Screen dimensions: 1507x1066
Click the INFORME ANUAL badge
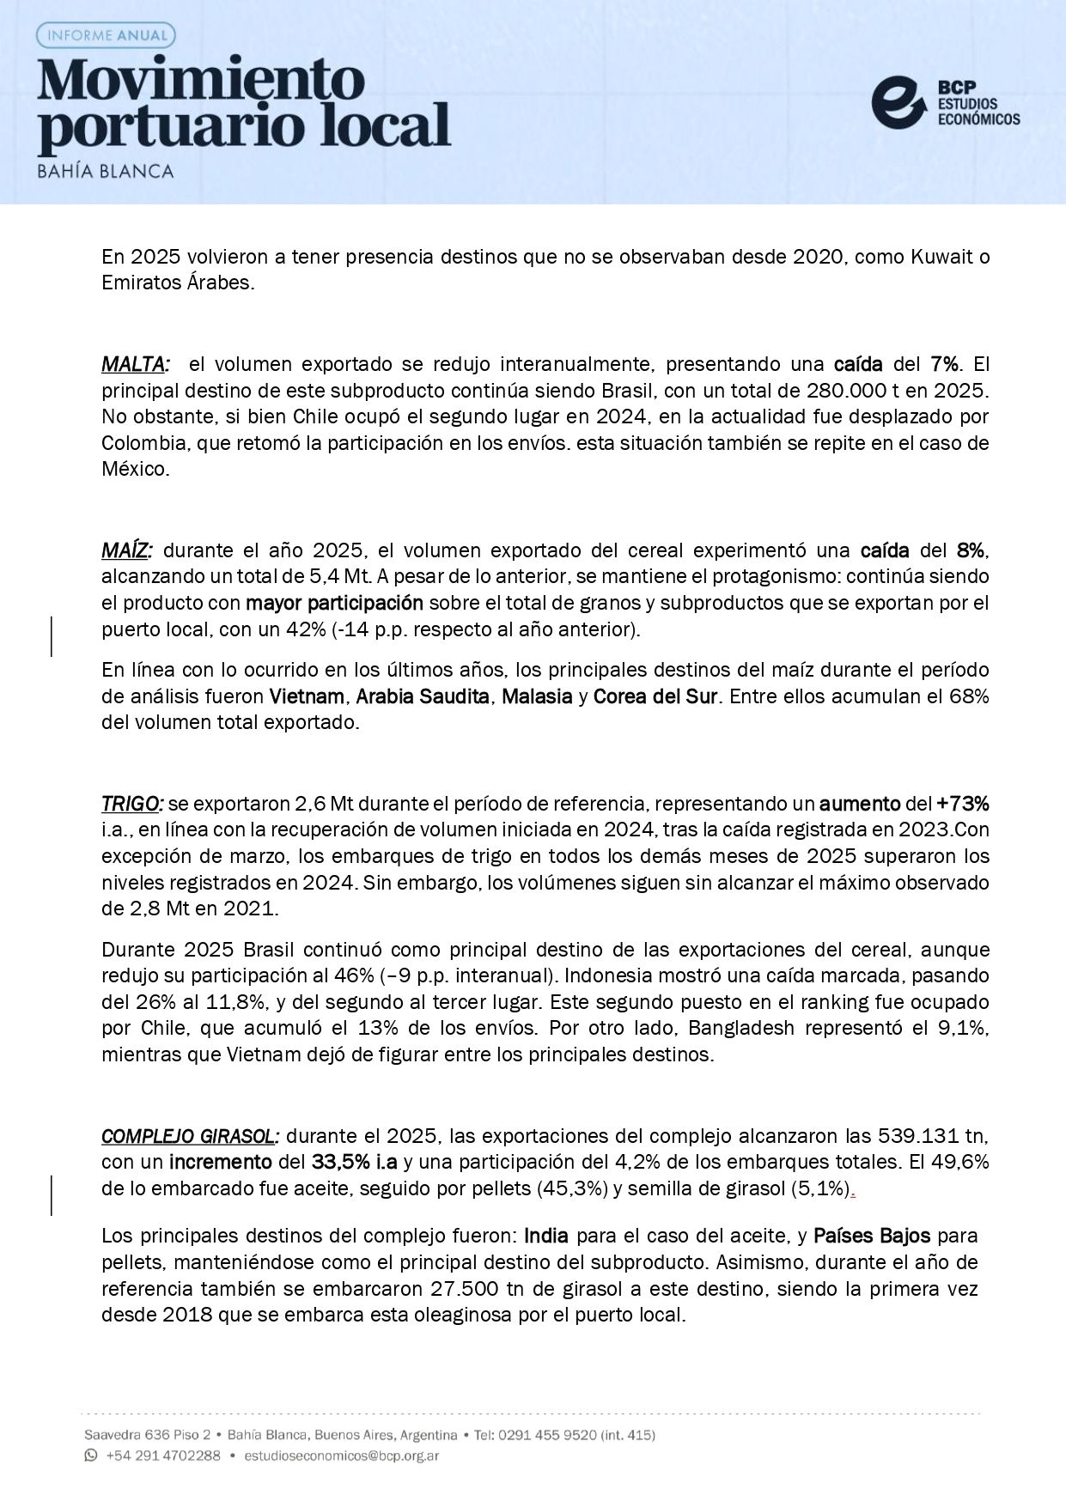tap(107, 35)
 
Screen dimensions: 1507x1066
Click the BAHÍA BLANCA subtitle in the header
tap(106, 171)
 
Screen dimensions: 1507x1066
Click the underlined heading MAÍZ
tap(126, 550)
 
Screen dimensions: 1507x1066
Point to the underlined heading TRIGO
tap(131, 804)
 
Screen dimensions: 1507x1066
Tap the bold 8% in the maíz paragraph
tap(972, 550)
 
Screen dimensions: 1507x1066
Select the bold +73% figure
tap(962, 804)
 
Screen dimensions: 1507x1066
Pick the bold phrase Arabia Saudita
tap(423, 696)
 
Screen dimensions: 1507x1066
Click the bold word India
tap(546, 1237)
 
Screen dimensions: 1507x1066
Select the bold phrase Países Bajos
tap(871, 1237)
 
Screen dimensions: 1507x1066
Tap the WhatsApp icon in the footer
tap(91, 1455)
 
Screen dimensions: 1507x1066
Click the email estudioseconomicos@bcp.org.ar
tap(341, 1456)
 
